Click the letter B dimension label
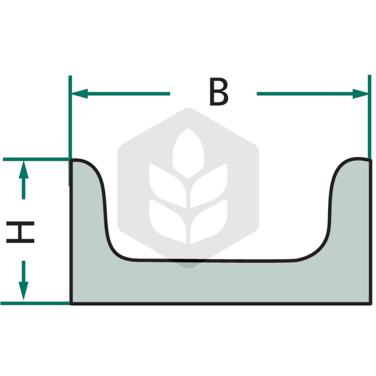(x=219, y=92)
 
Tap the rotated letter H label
(x=20, y=232)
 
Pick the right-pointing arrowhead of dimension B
(x=360, y=94)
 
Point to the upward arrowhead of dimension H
(x=23, y=170)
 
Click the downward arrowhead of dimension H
(x=23, y=290)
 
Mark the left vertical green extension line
(x=70, y=131)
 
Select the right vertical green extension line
(x=369, y=117)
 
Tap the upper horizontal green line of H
(x=36, y=159)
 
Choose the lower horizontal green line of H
(x=35, y=303)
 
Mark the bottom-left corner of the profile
(x=71, y=304)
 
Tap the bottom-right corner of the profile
(x=371, y=304)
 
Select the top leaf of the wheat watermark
(x=188, y=153)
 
